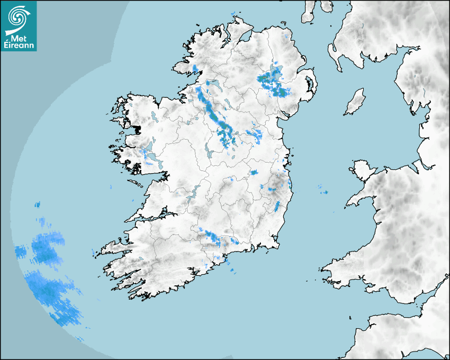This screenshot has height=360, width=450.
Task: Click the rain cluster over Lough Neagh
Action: click(273, 82)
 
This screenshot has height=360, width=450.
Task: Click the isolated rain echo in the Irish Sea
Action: click(322, 189)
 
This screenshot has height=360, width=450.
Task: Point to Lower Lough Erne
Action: click(214, 84)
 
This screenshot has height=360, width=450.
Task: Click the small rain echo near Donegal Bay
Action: click(195, 68)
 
